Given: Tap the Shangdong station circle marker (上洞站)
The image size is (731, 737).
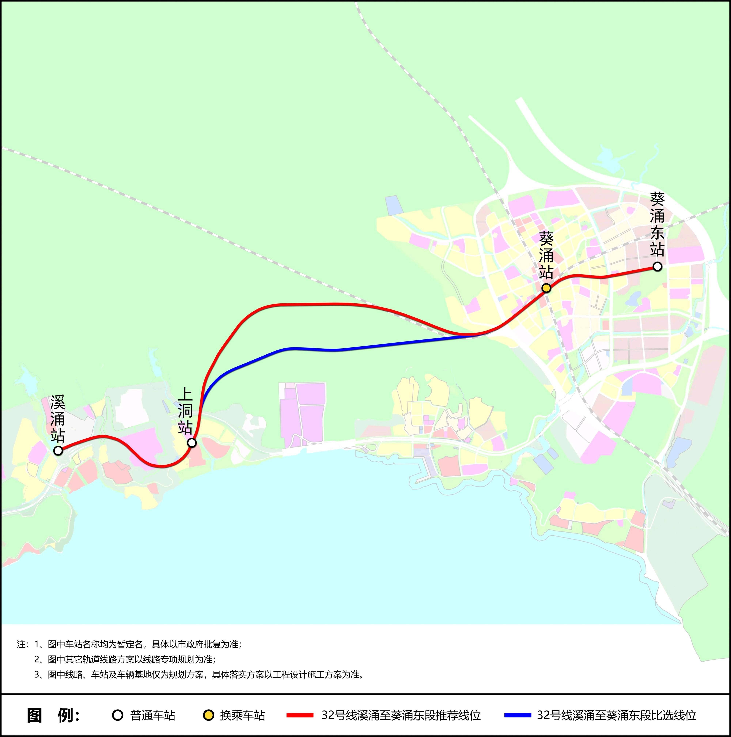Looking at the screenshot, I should (x=192, y=443).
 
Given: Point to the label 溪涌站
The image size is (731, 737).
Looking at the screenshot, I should (x=58, y=418).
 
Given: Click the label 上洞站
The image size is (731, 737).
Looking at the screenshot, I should (x=185, y=411).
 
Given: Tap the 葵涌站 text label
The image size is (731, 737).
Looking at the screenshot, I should (x=546, y=256).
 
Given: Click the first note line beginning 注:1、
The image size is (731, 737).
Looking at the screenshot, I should (x=130, y=644).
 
